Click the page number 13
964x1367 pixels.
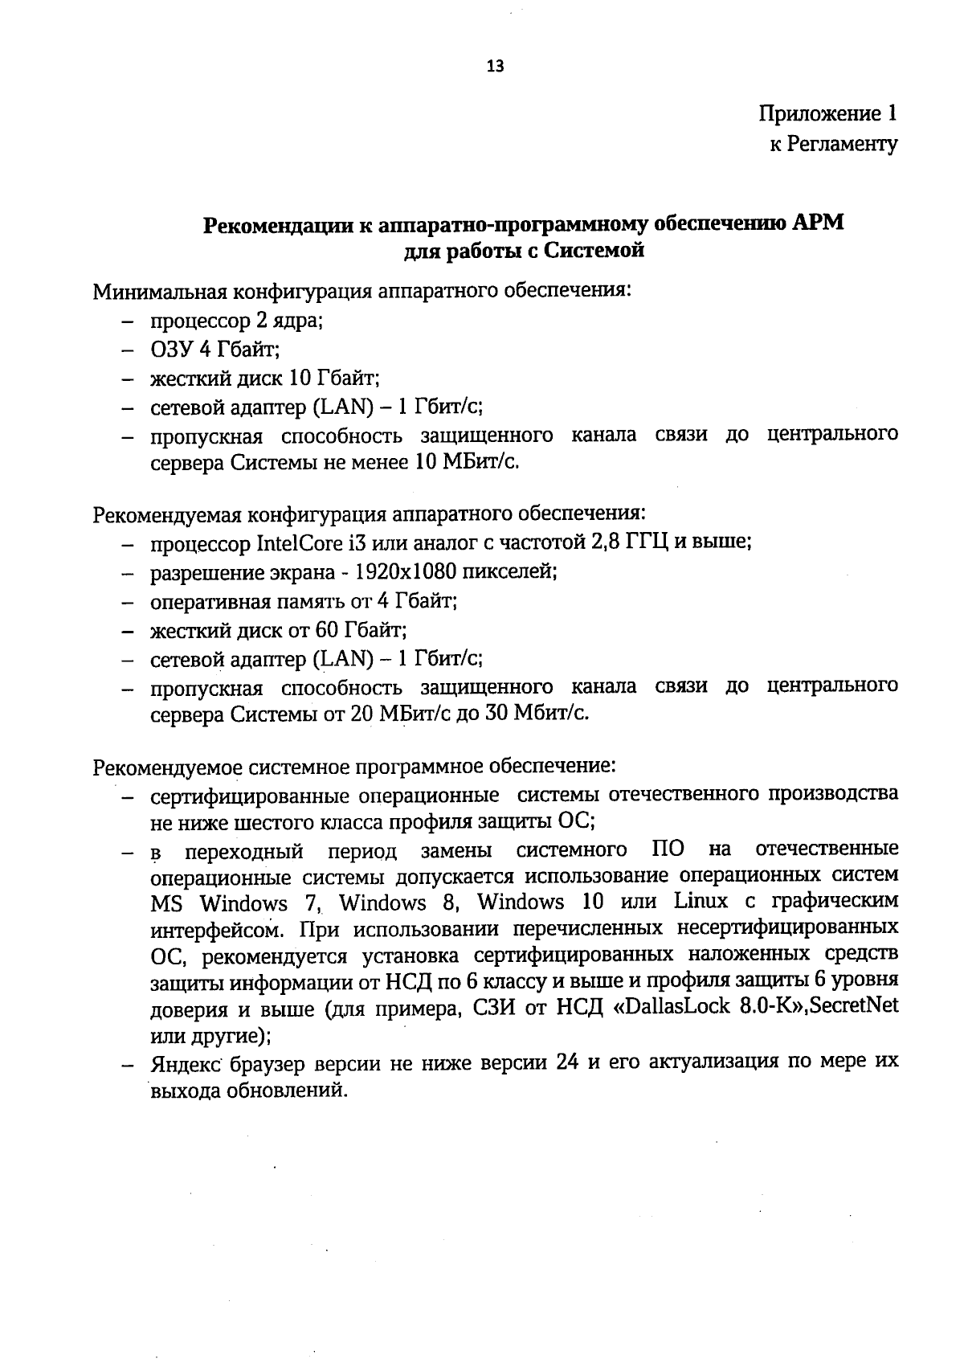(x=496, y=68)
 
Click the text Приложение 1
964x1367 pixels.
(x=827, y=113)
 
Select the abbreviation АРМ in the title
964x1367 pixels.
(x=819, y=223)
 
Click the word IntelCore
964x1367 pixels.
(x=295, y=543)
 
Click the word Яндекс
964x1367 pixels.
(x=186, y=1063)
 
